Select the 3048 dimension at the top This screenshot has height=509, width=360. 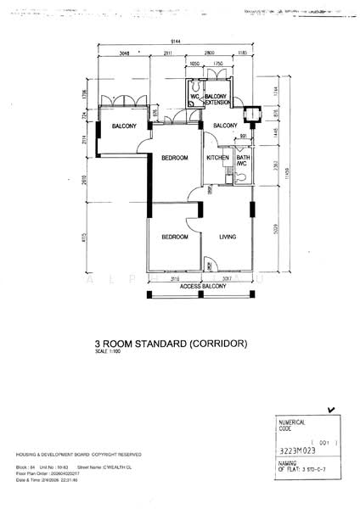coord(124,53)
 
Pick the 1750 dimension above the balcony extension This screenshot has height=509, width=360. coord(217,64)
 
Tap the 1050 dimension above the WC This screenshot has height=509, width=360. coord(194,64)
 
